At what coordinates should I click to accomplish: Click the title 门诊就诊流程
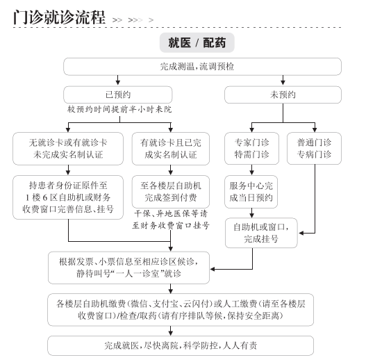59,17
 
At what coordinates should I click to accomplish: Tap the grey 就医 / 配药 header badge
197,42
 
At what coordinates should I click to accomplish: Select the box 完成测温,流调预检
202,67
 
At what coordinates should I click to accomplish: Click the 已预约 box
118,95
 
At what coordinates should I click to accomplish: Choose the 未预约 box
283,95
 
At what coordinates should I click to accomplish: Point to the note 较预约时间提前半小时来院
119,109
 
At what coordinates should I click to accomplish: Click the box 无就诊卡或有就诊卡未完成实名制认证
68,149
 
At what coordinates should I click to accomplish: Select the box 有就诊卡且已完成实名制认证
171,149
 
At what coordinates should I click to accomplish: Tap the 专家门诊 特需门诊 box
251,148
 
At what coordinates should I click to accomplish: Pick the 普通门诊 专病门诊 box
314,148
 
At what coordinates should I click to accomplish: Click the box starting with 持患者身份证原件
68,197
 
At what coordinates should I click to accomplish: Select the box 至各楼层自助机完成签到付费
171,192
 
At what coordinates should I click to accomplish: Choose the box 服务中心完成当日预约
251,192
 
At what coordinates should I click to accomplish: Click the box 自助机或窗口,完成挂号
261,233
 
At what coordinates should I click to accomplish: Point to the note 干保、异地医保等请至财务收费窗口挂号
171,220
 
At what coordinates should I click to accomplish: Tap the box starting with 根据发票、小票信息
128,268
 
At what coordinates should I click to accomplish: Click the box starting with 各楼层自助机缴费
181,310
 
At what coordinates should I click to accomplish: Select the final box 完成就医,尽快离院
181,345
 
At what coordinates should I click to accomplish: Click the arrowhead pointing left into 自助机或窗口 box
301,233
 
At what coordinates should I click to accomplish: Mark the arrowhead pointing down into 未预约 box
283,82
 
